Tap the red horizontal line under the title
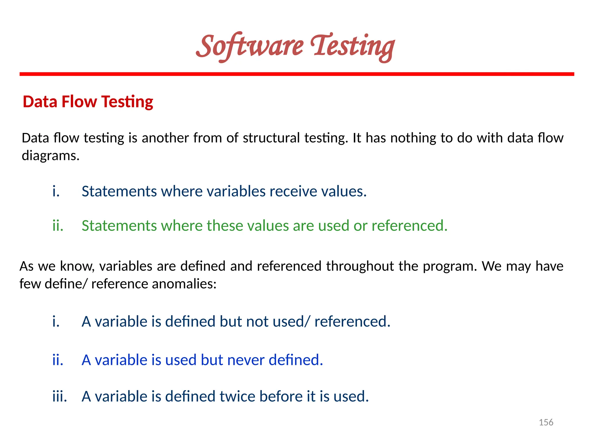(x=297, y=74)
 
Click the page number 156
(x=546, y=422)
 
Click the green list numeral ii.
(x=58, y=225)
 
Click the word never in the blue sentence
(x=246, y=360)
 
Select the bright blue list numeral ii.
(x=58, y=360)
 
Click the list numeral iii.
(x=60, y=396)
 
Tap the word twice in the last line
(x=237, y=396)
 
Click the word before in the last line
(x=281, y=396)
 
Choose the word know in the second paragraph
(x=76, y=266)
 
